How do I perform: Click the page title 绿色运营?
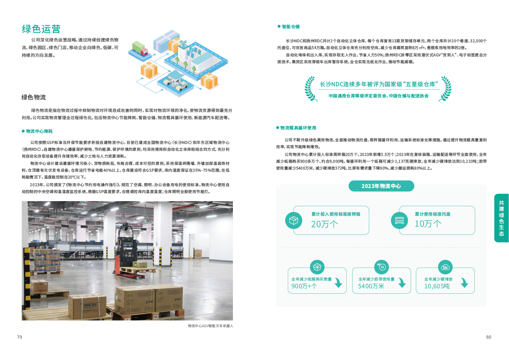[41, 29]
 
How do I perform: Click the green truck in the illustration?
[139, 48]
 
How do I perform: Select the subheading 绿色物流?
[33, 97]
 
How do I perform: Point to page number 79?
[19, 337]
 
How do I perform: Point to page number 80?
[488, 337]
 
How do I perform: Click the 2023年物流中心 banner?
[381, 186]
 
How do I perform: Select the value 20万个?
[324, 224]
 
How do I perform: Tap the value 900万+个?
[304, 286]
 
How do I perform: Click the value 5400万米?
[371, 286]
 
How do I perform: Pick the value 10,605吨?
[437, 286]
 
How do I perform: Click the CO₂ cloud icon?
[445, 267]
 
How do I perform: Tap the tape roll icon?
[381, 267]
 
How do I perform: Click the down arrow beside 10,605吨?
[464, 283]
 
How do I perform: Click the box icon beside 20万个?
[294, 220]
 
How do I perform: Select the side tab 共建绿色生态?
[501, 218]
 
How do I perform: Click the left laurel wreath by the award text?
[311, 89]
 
